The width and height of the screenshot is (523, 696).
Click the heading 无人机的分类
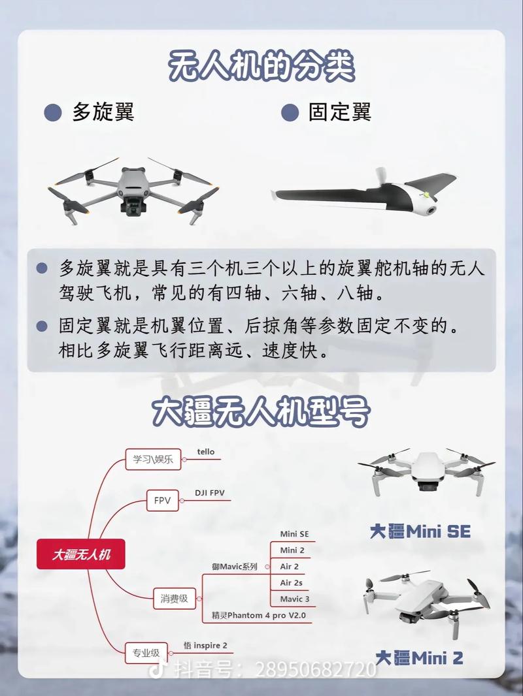pyautogui.click(x=261, y=66)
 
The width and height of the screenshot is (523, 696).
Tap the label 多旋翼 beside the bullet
pyautogui.click(x=103, y=112)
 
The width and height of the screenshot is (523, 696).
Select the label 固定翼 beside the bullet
pyautogui.click(x=339, y=112)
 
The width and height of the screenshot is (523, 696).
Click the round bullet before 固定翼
pyautogui.click(x=290, y=112)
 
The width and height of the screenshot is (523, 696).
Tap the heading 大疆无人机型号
pyautogui.click(x=261, y=412)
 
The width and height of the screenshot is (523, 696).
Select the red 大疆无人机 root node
pyautogui.click(x=81, y=554)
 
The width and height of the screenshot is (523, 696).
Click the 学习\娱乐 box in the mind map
pyautogui.click(x=152, y=460)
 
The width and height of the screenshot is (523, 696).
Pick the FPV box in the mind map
pyautogui.click(x=162, y=501)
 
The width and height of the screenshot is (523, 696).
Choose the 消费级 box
pyautogui.click(x=175, y=597)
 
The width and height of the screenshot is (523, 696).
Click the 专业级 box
pyautogui.click(x=146, y=652)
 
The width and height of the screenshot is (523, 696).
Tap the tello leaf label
pyautogui.click(x=206, y=452)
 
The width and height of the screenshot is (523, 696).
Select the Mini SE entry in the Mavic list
pyautogui.click(x=294, y=534)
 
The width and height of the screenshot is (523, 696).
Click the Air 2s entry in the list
pyautogui.click(x=291, y=582)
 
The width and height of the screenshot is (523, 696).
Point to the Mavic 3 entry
pyautogui.click(x=294, y=599)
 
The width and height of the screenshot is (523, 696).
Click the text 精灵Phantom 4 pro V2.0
pyautogui.click(x=258, y=616)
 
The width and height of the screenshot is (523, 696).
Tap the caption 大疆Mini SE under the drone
pyautogui.click(x=420, y=531)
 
